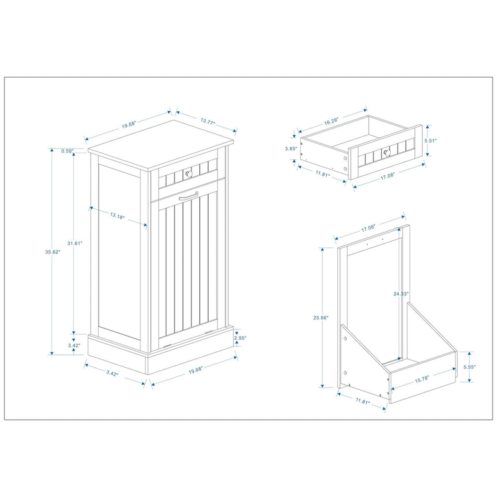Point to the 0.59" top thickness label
click(x=68, y=150)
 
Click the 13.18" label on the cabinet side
click(x=117, y=216)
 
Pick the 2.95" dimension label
click(x=240, y=338)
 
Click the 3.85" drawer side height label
click(x=289, y=148)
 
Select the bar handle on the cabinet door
click(x=186, y=198)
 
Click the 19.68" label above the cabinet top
click(x=129, y=125)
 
